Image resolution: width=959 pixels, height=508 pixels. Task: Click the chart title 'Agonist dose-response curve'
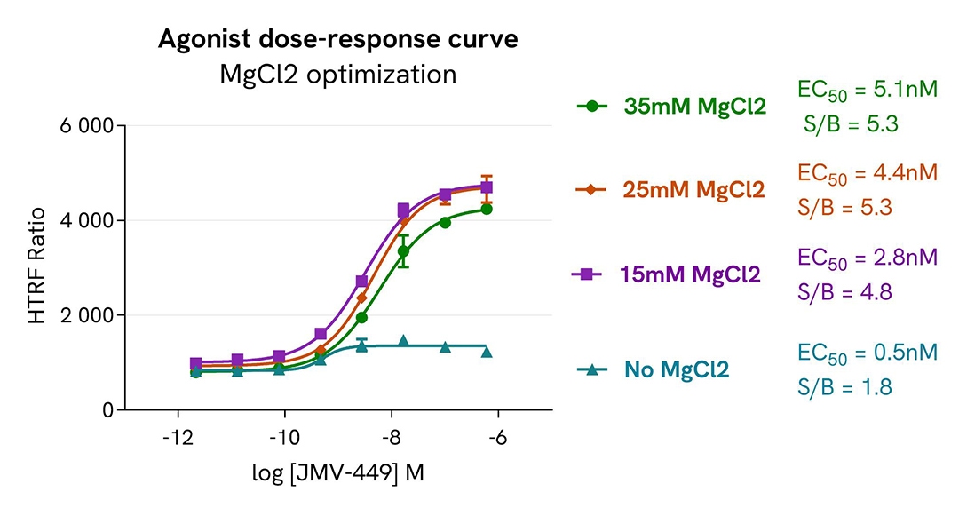[x=337, y=40]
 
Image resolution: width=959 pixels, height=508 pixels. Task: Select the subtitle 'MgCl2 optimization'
[x=337, y=75]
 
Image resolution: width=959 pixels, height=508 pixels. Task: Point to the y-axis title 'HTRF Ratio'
[x=37, y=267]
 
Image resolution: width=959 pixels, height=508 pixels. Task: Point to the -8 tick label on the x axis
[x=391, y=438]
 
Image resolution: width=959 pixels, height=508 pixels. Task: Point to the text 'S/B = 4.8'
[x=843, y=292]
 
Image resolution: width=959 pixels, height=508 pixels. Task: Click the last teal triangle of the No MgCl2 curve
[x=487, y=352]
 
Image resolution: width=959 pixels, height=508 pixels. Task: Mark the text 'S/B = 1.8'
[x=842, y=387]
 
